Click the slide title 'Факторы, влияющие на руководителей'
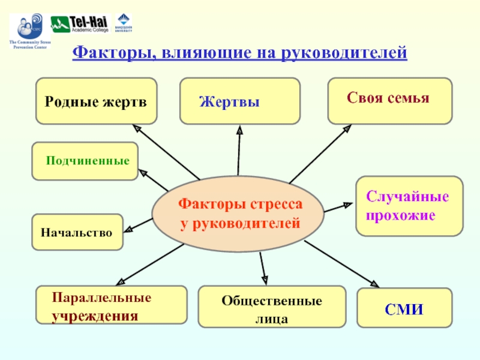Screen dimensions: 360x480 tap(239, 53)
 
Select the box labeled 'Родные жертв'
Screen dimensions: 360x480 tap(96, 101)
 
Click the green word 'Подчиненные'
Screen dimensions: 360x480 tap(88, 161)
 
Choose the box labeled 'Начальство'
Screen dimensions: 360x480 tap(77, 232)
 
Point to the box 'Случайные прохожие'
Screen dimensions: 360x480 tap(409, 205)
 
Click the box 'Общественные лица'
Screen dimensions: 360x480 tap(271, 307)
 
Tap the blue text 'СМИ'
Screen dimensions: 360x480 tap(404, 310)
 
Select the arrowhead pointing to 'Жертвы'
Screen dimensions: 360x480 tap(239, 129)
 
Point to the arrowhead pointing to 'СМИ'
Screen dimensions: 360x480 tap(376, 285)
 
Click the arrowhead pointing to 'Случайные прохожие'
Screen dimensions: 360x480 tap(349, 205)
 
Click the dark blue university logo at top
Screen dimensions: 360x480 tap(125, 22)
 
